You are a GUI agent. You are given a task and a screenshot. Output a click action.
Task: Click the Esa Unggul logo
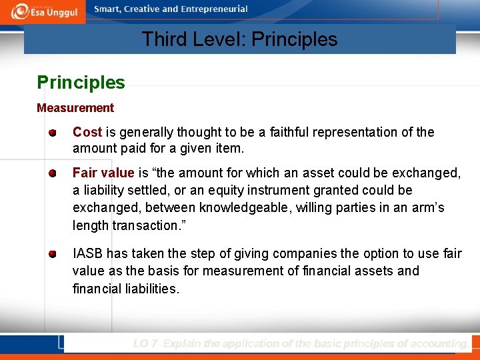43,11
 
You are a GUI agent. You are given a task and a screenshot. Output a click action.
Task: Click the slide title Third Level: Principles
239,39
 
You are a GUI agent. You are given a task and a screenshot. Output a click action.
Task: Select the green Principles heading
81,83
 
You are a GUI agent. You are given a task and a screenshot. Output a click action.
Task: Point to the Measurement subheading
75,108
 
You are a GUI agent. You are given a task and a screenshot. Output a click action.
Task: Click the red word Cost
87,132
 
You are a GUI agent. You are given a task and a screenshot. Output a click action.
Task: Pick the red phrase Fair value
103,173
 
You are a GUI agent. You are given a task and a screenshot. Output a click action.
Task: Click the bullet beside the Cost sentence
52,133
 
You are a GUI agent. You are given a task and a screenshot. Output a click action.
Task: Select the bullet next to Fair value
52,173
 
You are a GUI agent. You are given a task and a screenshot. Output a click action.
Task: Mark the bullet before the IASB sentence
52,254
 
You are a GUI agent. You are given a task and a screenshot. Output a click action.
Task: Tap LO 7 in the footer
145,344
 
